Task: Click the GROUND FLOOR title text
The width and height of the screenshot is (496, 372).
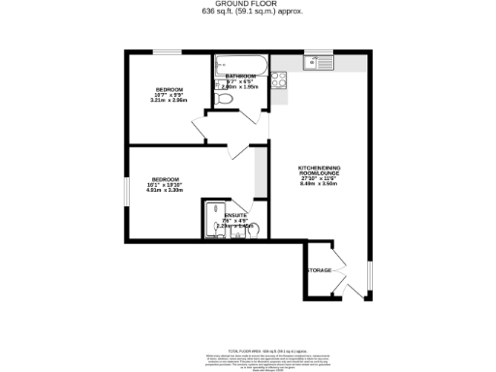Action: tap(247, 4)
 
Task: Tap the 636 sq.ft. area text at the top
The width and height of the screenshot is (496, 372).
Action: tap(247, 12)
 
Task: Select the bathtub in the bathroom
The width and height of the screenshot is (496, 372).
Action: tap(241, 66)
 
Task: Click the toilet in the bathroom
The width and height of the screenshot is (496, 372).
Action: tap(225, 98)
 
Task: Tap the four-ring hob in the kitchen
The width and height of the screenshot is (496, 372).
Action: tap(278, 79)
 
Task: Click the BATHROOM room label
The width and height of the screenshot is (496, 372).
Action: tap(241, 76)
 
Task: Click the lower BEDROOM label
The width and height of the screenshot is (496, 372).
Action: tap(162, 178)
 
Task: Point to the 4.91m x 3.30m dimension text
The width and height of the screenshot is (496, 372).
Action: tap(162, 190)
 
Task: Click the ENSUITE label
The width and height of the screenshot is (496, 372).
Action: tap(235, 215)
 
